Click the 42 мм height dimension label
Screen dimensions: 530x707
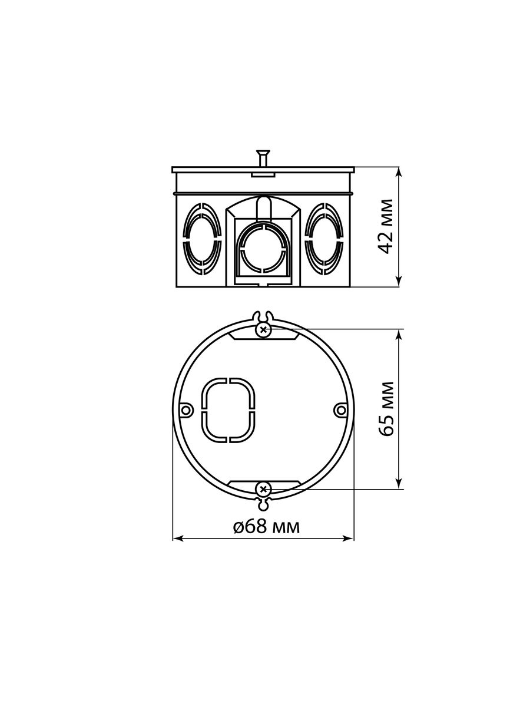386,226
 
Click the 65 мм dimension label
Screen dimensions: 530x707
386,409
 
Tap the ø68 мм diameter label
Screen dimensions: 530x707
266,526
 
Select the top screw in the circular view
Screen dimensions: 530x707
263,329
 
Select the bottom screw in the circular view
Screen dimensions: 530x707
263,490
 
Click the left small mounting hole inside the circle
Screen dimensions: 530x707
185,410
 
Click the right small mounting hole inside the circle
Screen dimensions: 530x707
341,410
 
